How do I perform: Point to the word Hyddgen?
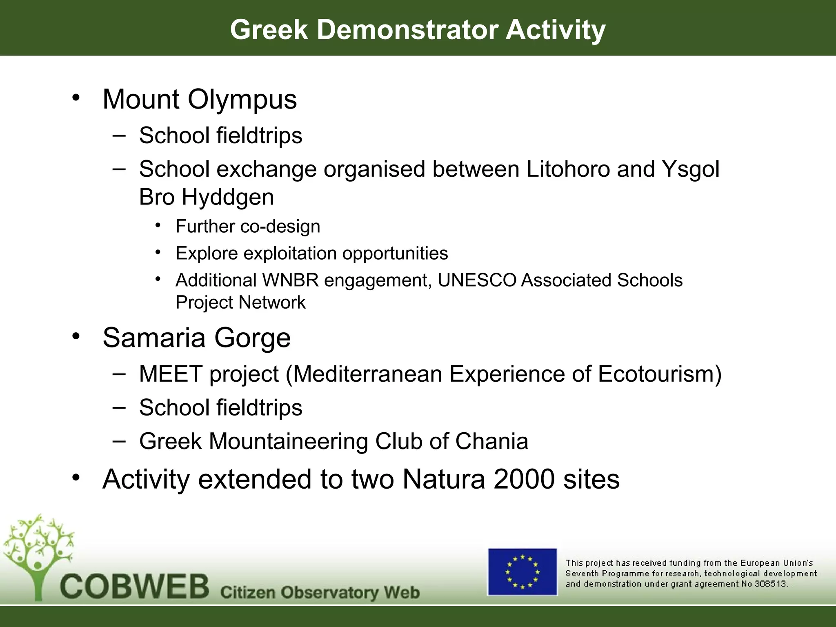(228, 197)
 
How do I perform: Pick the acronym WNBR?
(290, 280)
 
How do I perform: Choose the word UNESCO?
(477, 280)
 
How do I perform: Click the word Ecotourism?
(660, 374)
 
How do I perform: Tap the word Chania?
(491, 441)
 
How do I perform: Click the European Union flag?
(522, 572)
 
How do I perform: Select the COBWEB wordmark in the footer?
(135, 587)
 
